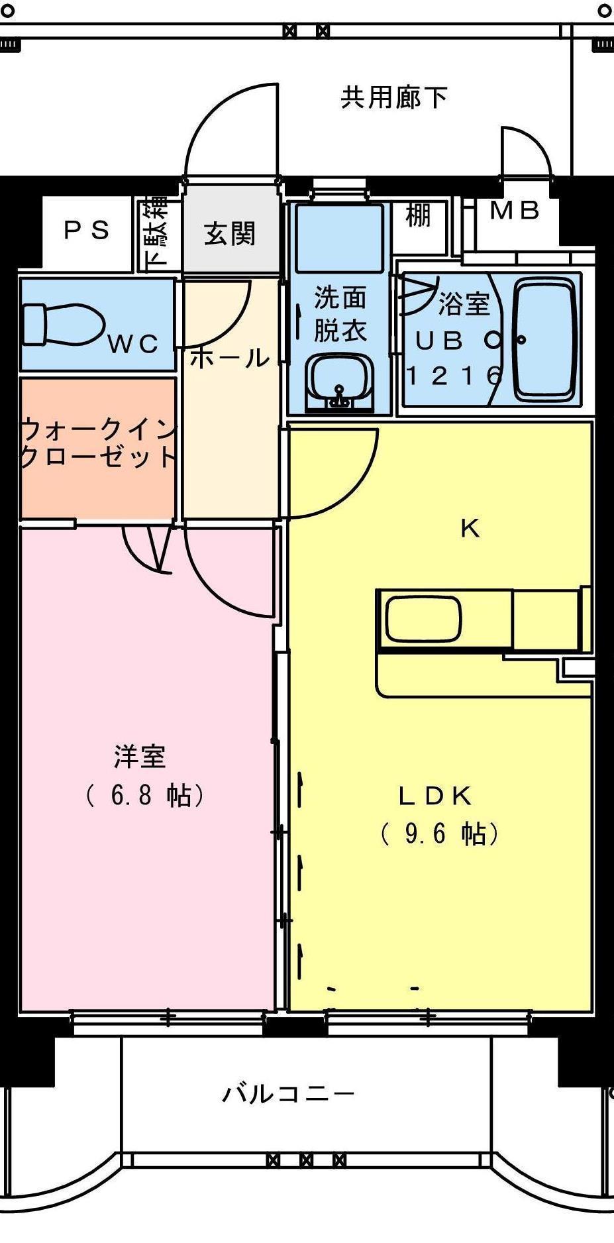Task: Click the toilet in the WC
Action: pyautogui.click(x=64, y=324)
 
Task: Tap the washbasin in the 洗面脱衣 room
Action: pyautogui.click(x=340, y=382)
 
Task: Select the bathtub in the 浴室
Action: pyautogui.click(x=544, y=339)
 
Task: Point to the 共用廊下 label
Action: pyautogui.click(x=394, y=97)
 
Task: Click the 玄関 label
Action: pyautogui.click(x=229, y=234)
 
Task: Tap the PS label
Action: pyautogui.click(x=87, y=231)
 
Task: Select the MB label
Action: pyautogui.click(x=515, y=211)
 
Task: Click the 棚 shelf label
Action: pyautogui.click(x=418, y=215)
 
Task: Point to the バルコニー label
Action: pyautogui.click(x=288, y=1093)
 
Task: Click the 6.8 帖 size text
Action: pyautogui.click(x=144, y=795)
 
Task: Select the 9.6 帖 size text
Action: pyautogui.click(x=440, y=834)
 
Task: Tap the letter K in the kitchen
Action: pyautogui.click(x=470, y=529)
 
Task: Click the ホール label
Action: pyautogui.click(x=230, y=358)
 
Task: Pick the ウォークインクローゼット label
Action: pyautogui.click(x=98, y=443)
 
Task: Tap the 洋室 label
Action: pyautogui.click(x=140, y=757)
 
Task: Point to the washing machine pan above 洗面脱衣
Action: pyautogui.click(x=339, y=237)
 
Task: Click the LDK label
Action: pyautogui.click(x=435, y=796)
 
